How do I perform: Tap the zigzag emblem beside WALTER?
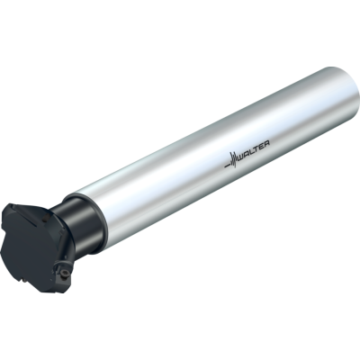(x=233, y=159)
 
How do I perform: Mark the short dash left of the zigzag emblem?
(x=227, y=166)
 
